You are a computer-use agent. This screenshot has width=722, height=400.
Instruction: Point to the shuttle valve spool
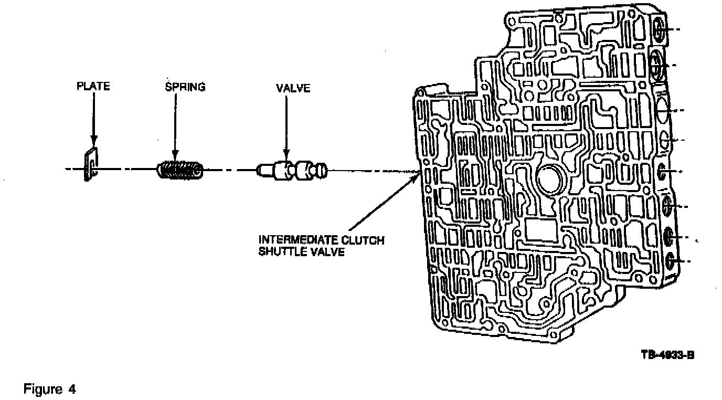(x=294, y=171)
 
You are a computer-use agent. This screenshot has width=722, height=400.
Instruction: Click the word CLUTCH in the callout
(x=366, y=241)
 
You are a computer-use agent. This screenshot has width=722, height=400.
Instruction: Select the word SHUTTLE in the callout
(x=278, y=252)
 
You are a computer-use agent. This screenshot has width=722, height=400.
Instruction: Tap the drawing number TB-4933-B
(x=667, y=354)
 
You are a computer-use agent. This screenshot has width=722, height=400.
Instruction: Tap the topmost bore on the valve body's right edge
(x=659, y=32)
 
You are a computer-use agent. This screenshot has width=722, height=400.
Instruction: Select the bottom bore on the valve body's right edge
(x=670, y=261)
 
